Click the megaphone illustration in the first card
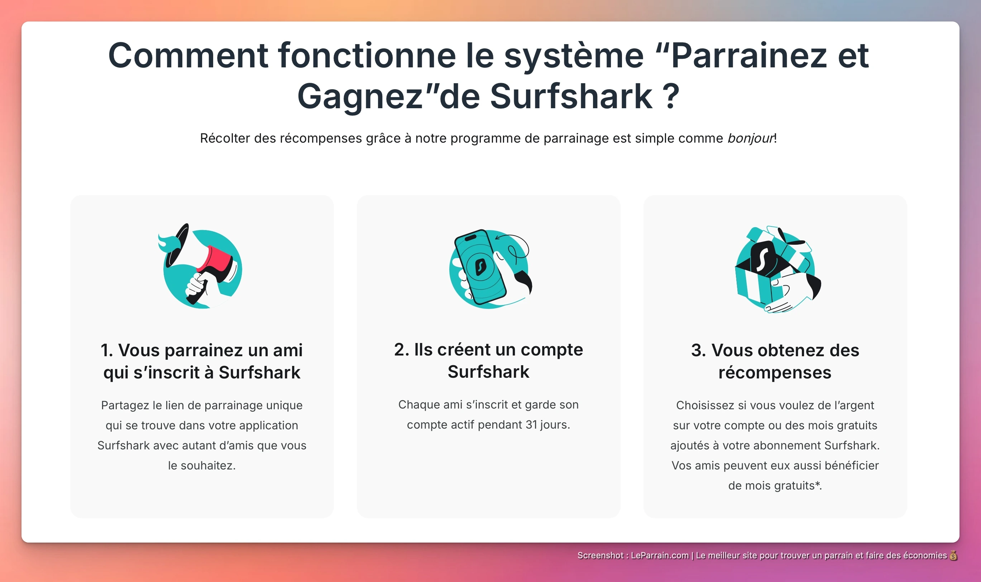pyautogui.click(x=202, y=267)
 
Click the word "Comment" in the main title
pyautogui.click(x=187, y=56)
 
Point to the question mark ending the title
pyautogui.click(x=671, y=96)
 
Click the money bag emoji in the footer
pyautogui.click(x=953, y=555)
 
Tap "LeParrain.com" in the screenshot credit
pyautogui.click(x=660, y=555)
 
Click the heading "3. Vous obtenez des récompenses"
pyautogui.click(x=775, y=361)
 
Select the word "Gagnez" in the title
pyautogui.click(x=360, y=96)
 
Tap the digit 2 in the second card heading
pyautogui.click(x=399, y=349)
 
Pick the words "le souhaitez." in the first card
pyautogui.click(x=202, y=466)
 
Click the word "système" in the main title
pyautogui.click(x=574, y=56)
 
